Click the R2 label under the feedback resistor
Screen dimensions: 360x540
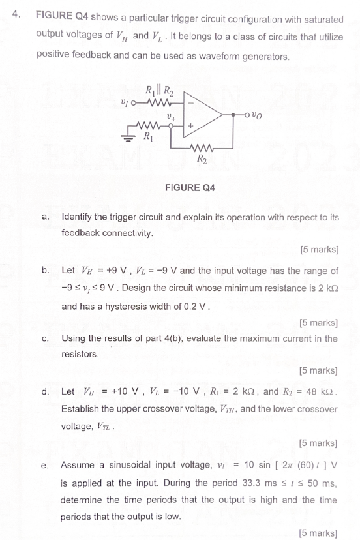pyautogui.click(x=202, y=157)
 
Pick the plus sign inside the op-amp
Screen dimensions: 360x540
pyautogui.click(x=191, y=123)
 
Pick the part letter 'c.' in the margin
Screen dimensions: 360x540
pyautogui.click(x=44, y=338)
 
